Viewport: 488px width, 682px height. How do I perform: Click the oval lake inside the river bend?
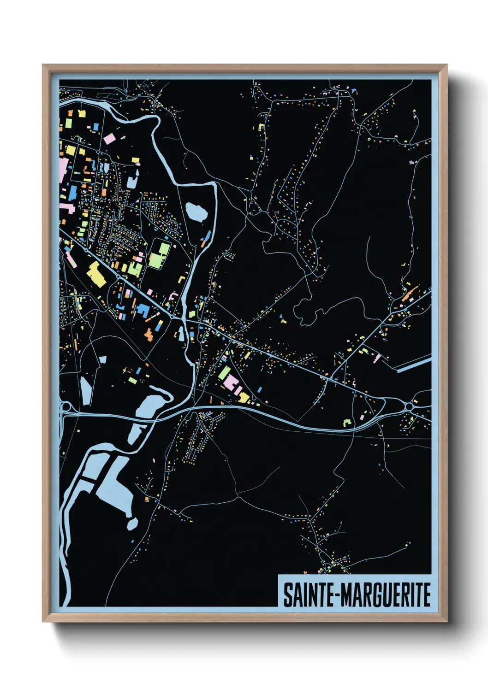click(x=196, y=212)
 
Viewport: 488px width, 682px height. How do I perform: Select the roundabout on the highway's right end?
click(x=409, y=406)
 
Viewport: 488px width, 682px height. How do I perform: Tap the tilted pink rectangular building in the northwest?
click(x=109, y=138)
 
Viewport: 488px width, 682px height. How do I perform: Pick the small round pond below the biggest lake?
click(x=132, y=523)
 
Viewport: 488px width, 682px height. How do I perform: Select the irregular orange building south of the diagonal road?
click(x=149, y=334)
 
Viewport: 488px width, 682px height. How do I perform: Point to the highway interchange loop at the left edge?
click(x=65, y=407)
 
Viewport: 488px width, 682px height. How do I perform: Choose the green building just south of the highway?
click(x=347, y=421)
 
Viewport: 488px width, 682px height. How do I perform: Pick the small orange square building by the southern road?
click(x=147, y=499)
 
